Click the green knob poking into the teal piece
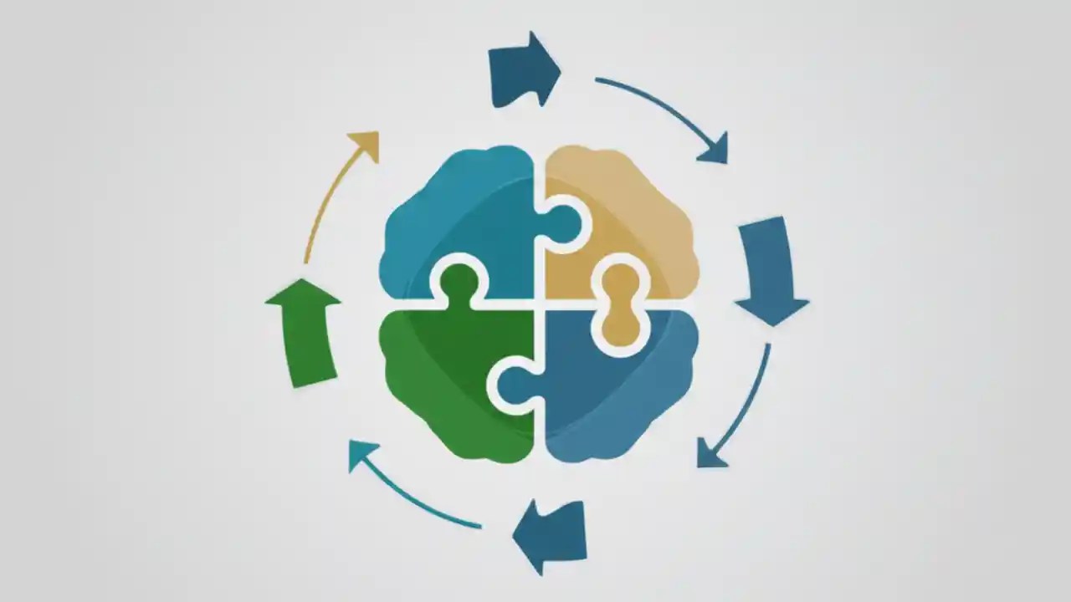click(x=459, y=283)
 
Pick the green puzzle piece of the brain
click(x=443, y=376)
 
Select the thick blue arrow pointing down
click(x=768, y=268)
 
